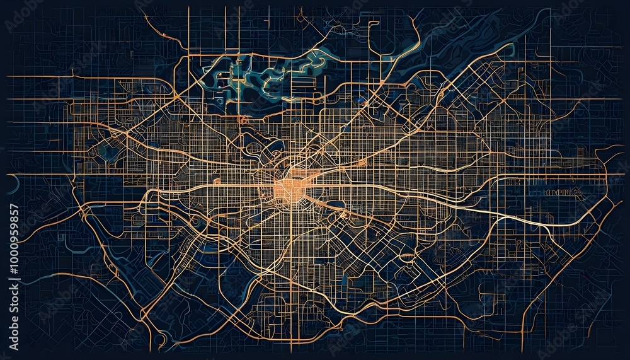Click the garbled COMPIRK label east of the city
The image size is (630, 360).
click(558, 190)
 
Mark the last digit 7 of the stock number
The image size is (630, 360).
click(14, 207)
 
